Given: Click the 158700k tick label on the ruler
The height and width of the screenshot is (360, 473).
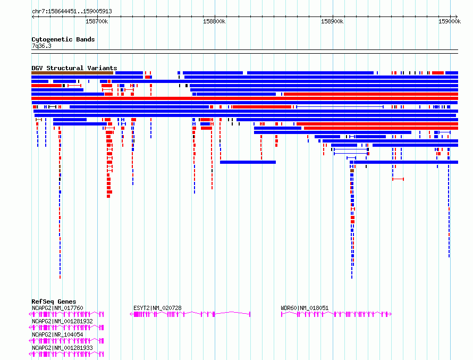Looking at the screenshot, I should [97, 22].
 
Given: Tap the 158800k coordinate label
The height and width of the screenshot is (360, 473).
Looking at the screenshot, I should [214, 22].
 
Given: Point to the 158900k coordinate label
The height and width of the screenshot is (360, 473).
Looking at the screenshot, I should [332, 22].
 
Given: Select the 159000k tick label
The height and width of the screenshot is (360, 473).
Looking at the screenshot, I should [449, 22].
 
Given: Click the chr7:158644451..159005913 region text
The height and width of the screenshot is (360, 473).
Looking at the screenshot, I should [72, 11].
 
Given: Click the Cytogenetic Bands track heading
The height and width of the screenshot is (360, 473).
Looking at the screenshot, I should [63, 39].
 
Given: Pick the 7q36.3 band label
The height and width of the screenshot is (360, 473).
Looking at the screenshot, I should [41, 46].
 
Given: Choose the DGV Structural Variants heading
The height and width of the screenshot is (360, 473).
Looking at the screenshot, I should [74, 68].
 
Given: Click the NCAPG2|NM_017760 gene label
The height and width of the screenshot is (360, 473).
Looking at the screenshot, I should [57, 308].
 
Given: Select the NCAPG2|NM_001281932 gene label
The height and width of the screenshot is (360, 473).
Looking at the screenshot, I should [62, 321].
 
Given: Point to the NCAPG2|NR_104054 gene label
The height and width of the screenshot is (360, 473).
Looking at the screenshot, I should [57, 334].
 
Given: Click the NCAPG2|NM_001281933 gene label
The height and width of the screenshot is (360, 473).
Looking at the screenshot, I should [62, 348].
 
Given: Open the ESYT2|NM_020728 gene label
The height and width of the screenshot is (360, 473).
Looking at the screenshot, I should [157, 308].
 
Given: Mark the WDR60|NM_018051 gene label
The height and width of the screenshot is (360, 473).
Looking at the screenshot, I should [305, 308].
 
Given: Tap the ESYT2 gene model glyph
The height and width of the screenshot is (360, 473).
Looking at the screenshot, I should [190, 314].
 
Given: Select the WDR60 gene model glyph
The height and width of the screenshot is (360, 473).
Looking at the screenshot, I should [336, 314].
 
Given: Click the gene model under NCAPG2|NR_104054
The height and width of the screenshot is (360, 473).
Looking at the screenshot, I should [67, 341].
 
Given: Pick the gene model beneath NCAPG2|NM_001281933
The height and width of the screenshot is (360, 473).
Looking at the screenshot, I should [67, 354].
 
